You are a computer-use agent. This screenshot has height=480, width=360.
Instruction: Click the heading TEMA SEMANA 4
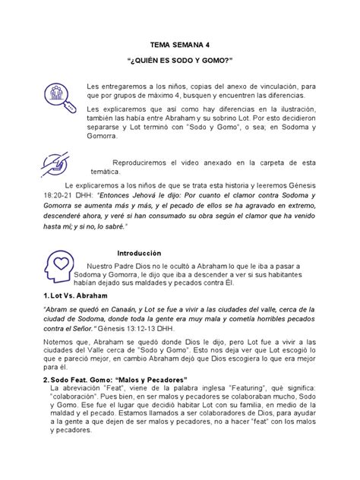180,45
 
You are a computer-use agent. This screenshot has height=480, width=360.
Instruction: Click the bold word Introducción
141,252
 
